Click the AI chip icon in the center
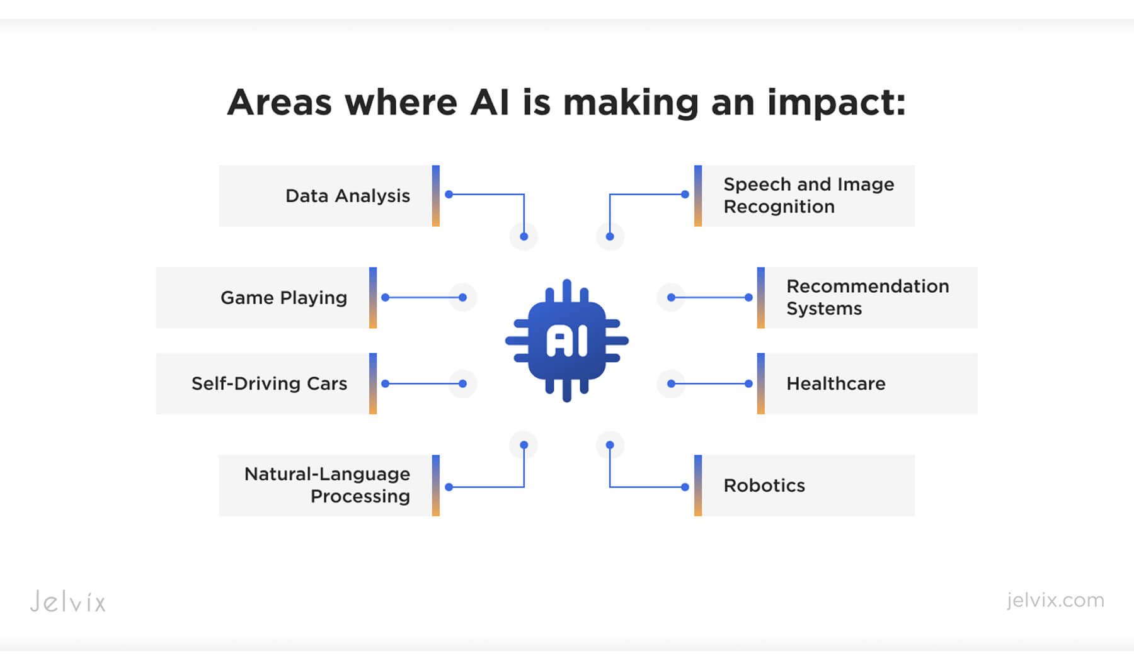(x=567, y=341)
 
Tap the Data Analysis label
(x=347, y=196)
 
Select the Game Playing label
(x=283, y=298)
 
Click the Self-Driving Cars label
(x=269, y=383)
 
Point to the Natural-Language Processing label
(x=328, y=485)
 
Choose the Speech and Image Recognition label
(x=808, y=195)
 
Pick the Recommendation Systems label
(x=867, y=297)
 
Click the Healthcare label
(x=835, y=383)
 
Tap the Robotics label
(x=764, y=485)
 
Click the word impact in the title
(x=835, y=103)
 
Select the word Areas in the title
(x=279, y=103)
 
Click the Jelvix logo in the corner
(x=68, y=601)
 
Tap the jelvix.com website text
(x=1055, y=600)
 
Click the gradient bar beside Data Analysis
(x=436, y=196)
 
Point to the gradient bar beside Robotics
(x=698, y=485)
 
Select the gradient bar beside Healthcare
(x=761, y=383)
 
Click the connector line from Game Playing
(x=424, y=297)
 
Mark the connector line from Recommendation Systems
(x=710, y=297)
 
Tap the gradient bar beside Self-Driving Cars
(x=373, y=383)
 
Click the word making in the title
(x=631, y=103)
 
